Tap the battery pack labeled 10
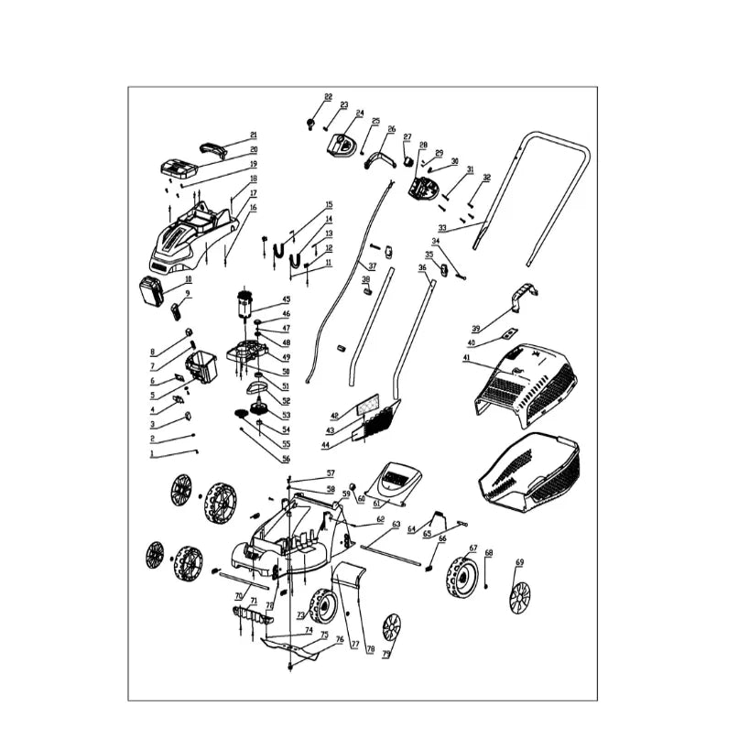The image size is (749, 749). (x=151, y=293)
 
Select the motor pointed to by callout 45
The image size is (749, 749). (x=244, y=306)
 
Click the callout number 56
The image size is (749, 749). (x=286, y=459)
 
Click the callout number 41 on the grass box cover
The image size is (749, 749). (x=466, y=358)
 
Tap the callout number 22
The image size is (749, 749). (x=328, y=97)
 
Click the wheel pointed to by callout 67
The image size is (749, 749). (x=462, y=580)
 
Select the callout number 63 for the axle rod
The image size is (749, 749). (x=396, y=524)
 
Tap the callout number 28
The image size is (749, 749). (x=423, y=145)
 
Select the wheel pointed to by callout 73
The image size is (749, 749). (x=323, y=606)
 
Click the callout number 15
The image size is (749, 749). (x=329, y=204)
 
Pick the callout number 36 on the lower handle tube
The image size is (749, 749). (x=422, y=267)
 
